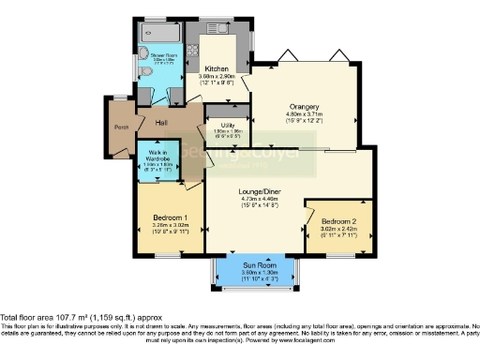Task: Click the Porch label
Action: (121, 127)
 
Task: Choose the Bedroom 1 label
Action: (170, 217)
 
